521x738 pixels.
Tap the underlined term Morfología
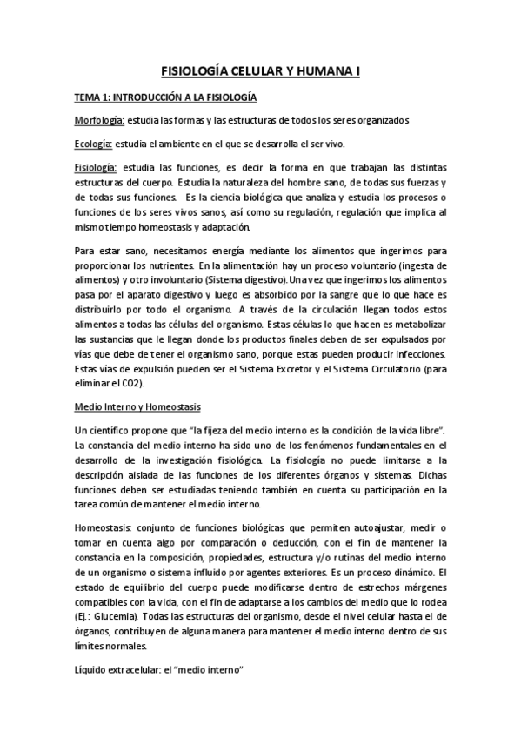tap(98, 120)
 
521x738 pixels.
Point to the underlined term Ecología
tap(93, 144)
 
